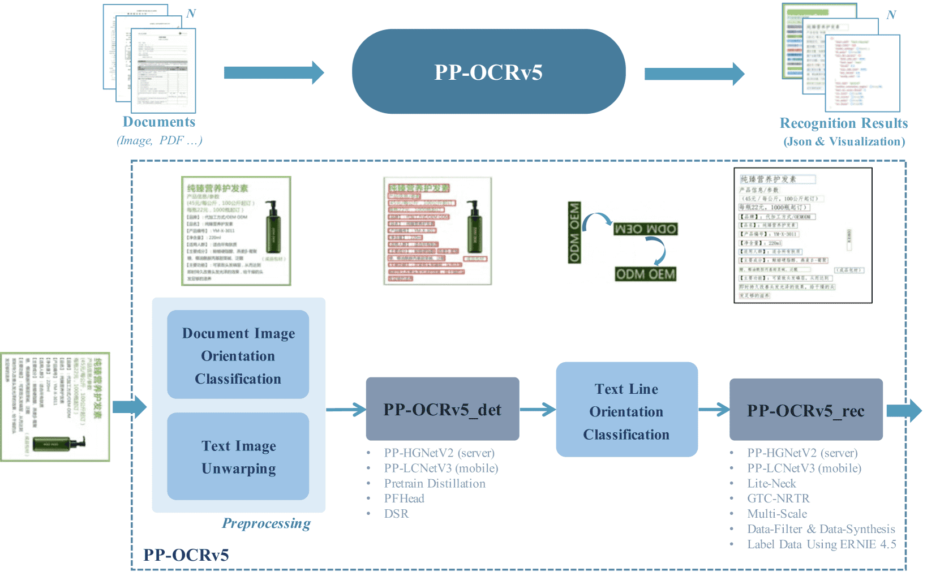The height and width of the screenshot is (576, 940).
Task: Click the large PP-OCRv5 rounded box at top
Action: point(488,72)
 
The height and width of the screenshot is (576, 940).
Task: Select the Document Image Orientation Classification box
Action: point(238,355)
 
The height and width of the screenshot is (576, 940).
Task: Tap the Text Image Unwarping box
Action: point(238,457)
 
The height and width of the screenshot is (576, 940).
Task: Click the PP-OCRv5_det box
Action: point(443,409)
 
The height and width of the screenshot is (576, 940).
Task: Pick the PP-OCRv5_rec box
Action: point(805,410)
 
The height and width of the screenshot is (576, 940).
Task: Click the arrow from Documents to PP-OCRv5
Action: point(273,72)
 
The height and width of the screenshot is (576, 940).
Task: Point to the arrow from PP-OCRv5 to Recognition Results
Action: point(694,74)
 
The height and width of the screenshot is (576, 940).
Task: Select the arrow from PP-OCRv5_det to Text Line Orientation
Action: point(538,409)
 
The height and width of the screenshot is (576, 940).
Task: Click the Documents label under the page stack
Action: point(159,122)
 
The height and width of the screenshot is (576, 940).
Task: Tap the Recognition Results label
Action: point(843,123)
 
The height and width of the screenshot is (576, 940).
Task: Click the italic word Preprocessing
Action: point(266,523)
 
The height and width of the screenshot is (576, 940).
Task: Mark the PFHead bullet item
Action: point(404,498)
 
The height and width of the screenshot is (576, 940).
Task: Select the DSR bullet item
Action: point(396,514)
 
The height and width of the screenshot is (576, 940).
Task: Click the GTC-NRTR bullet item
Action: point(778,498)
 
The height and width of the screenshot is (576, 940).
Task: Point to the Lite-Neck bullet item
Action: point(771,483)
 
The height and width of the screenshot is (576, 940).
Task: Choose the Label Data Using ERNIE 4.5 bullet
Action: point(821,544)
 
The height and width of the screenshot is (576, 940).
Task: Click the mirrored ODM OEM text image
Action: point(645,229)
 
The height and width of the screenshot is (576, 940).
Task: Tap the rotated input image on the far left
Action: point(55,407)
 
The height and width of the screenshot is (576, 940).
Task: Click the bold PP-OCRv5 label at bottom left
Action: point(186,555)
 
